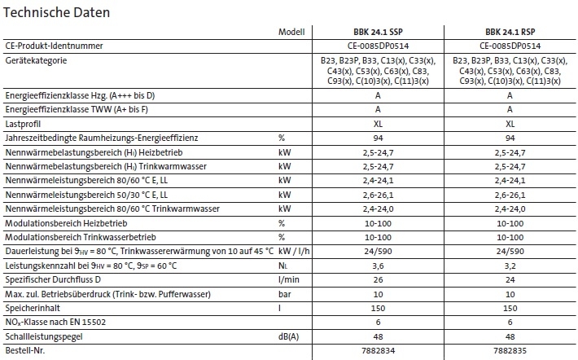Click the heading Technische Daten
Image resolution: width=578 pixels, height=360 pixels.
(57, 13)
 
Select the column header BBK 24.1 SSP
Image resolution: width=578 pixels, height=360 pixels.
(377, 33)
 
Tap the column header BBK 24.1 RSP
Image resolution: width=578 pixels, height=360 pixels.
(510, 33)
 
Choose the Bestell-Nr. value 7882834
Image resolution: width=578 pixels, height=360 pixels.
(377, 351)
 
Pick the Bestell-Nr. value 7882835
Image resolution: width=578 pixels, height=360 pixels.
(510, 351)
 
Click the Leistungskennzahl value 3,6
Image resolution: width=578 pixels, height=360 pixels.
(377, 266)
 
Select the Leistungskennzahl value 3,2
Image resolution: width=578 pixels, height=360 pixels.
(510, 266)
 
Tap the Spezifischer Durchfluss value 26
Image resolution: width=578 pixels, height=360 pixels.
(377, 279)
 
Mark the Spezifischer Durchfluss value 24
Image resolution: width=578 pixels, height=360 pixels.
(510, 279)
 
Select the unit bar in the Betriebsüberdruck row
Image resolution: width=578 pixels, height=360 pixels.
(284, 293)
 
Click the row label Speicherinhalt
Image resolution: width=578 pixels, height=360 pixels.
(32, 308)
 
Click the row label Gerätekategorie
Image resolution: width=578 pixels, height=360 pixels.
(36, 61)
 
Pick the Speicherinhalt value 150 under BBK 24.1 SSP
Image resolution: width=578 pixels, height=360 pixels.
(377, 308)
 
